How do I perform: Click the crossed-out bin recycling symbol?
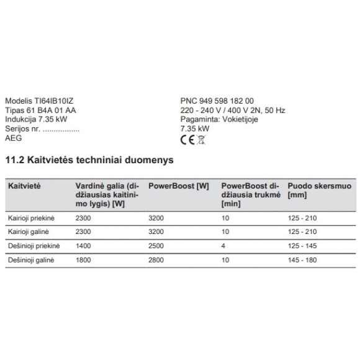(x=200, y=140)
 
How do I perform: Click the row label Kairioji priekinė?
(x=32, y=218)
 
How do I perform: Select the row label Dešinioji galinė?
(x=31, y=261)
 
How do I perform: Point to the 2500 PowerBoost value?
(x=157, y=247)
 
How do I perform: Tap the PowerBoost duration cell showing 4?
(x=223, y=247)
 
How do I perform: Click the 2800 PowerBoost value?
(x=157, y=261)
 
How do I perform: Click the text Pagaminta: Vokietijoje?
(x=213, y=120)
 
